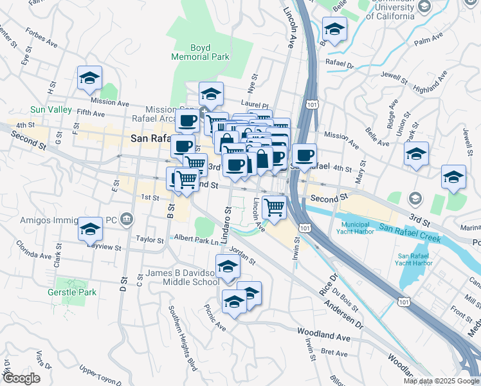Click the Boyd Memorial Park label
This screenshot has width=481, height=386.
(x=200, y=52)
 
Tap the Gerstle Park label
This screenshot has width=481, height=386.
(x=72, y=293)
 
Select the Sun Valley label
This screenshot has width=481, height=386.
(x=51, y=110)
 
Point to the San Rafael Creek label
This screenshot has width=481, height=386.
(x=410, y=232)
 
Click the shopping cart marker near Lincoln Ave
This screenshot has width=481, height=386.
(x=275, y=208)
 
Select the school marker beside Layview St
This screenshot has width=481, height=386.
(x=90, y=229)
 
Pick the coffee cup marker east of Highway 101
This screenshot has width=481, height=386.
(x=305, y=155)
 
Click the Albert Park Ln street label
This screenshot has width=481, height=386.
(x=197, y=240)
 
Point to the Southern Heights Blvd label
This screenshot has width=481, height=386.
(x=181, y=328)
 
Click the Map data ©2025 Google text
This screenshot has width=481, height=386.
(x=441, y=381)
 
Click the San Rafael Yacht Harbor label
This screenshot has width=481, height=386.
(x=415, y=259)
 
